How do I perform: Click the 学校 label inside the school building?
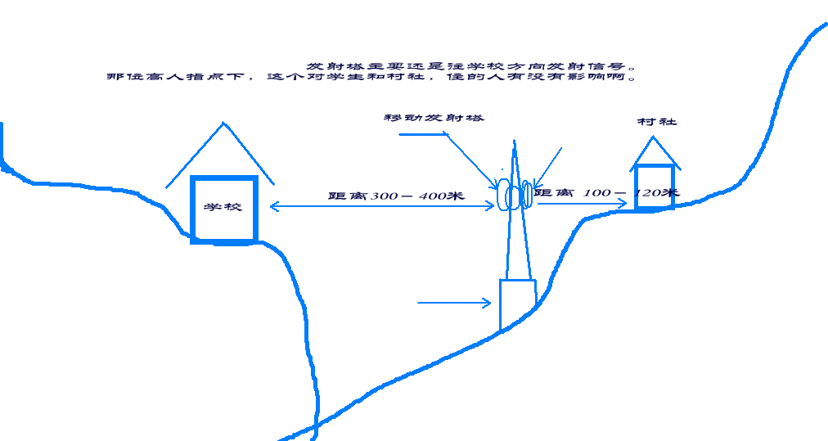(x=223, y=207)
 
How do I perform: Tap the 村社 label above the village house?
(x=657, y=122)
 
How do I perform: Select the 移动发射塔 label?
(x=434, y=118)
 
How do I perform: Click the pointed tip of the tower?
(x=514, y=143)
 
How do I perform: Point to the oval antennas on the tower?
(x=513, y=196)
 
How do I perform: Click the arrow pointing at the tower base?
(x=454, y=303)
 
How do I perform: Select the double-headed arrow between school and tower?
(x=380, y=206)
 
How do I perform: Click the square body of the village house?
(x=654, y=187)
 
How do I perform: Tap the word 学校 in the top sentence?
(x=471, y=65)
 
